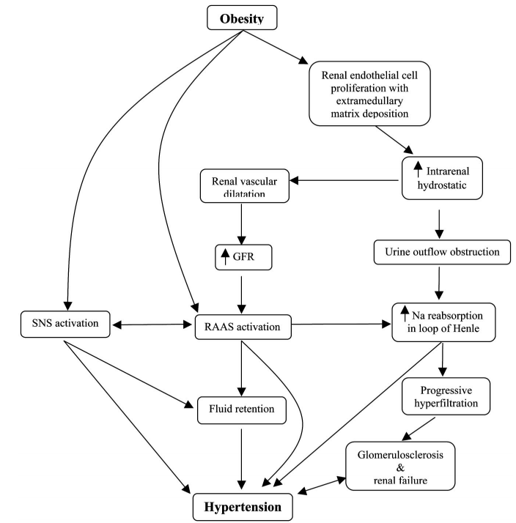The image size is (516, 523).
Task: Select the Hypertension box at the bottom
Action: point(241,505)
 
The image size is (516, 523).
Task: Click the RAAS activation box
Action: point(242,327)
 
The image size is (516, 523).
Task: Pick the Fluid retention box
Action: point(241,409)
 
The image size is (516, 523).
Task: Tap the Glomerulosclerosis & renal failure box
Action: point(400,466)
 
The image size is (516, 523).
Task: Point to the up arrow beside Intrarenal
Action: point(418,168)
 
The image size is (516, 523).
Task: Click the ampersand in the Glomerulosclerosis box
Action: point(400,466)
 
